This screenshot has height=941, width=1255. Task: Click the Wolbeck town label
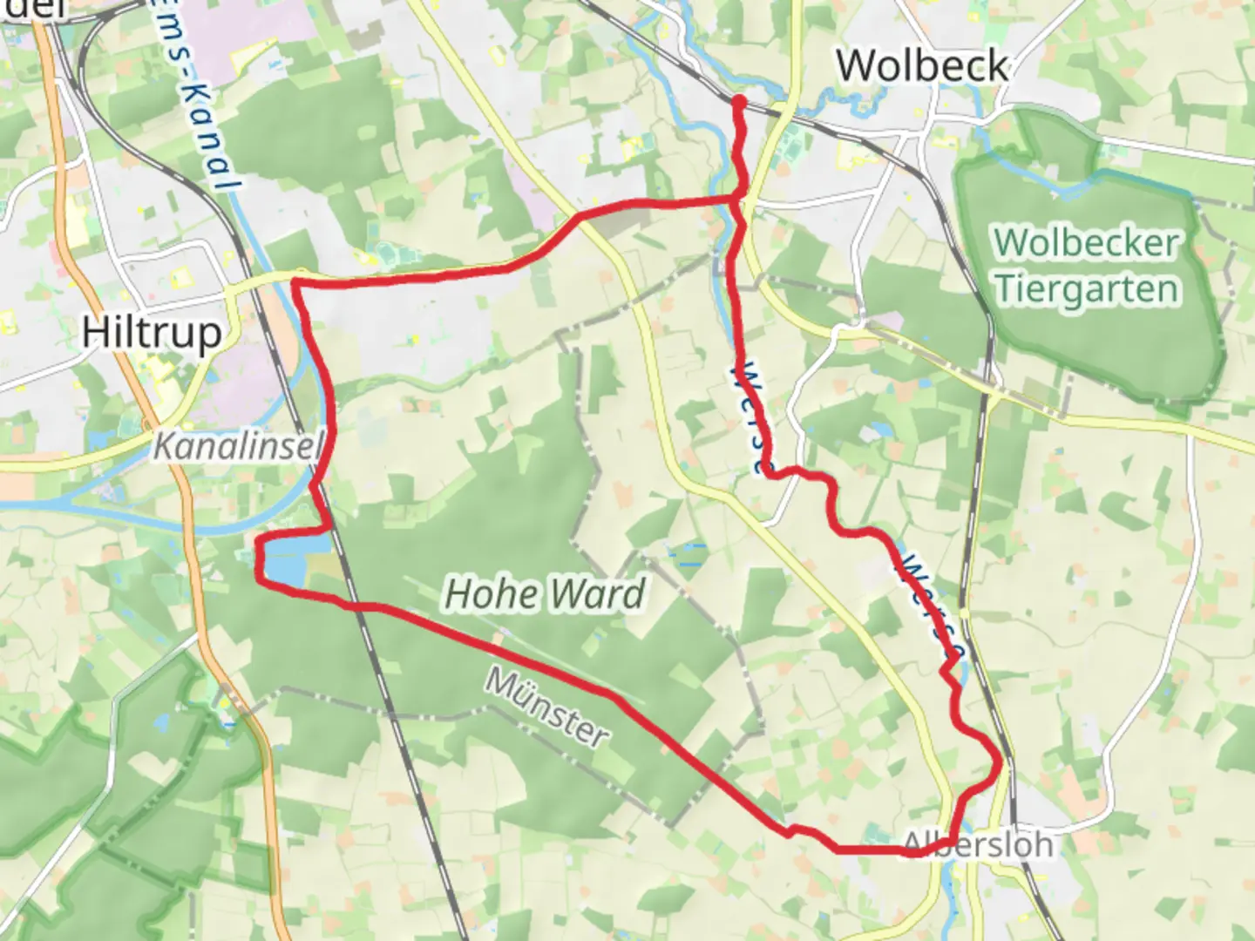(922, 66)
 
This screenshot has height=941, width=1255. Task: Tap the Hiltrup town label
(152, 333)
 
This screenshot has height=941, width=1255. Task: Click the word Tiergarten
(1087, 288)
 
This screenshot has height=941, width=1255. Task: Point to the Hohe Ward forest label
(545, 593)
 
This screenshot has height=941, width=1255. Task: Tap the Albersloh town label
(978, 843)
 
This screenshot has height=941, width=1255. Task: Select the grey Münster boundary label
(546, 707)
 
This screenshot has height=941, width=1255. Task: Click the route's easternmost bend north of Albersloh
(1001, 763)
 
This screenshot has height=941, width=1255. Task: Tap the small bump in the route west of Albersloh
(791, 830)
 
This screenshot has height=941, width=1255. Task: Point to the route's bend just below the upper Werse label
(767, 471)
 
